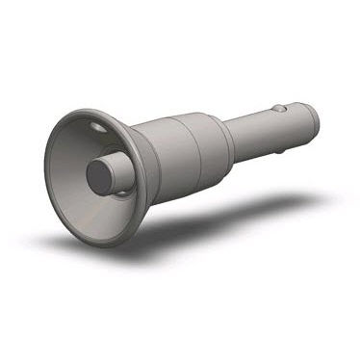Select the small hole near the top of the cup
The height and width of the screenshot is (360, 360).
98,125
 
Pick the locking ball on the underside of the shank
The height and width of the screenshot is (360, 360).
278,148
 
